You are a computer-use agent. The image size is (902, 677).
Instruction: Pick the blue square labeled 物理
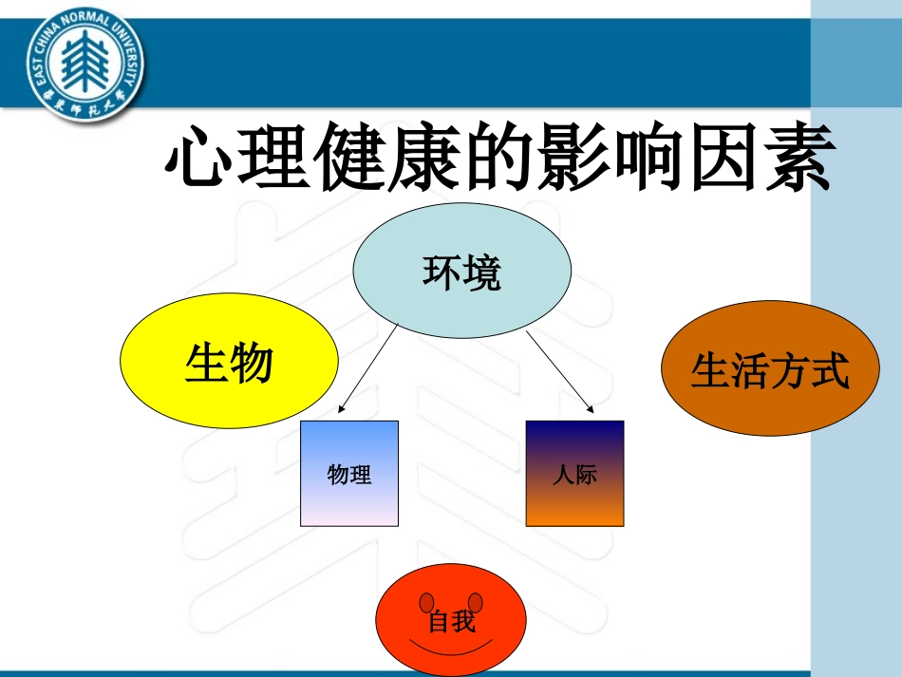click(x=349, y=473)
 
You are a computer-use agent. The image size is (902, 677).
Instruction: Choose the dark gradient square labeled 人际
click(x=574, y=473)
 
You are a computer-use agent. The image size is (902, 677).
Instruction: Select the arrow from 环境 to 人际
click(x=559, y=371)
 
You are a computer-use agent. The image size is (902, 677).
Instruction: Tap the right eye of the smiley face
click(x=476, y=602)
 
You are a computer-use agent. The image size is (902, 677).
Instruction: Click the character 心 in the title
click(x=199, y=160)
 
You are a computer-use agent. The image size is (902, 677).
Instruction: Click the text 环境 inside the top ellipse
click(x=461, y=274)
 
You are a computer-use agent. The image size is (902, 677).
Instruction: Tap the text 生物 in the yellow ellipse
click(x=229, y=364)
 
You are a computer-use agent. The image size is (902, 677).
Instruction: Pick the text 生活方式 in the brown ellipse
click(x=769, y=371)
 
